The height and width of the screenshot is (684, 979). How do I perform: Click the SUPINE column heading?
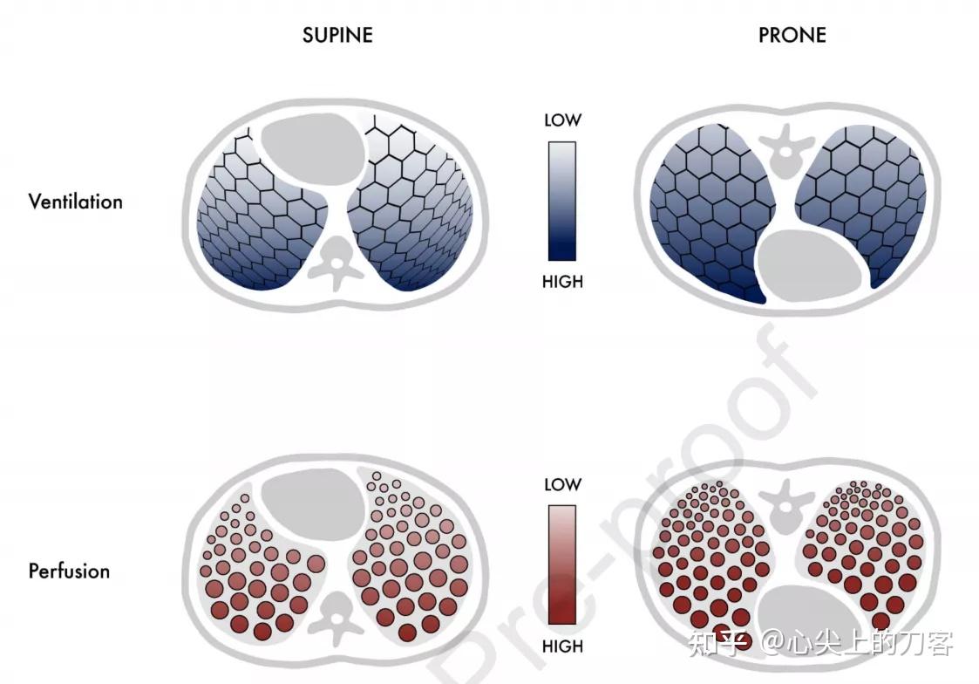point(337,35)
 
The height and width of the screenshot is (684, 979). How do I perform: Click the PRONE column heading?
point(792,35)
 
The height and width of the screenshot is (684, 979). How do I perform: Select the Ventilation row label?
point(75,202)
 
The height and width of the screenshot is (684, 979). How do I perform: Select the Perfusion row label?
point(69,571)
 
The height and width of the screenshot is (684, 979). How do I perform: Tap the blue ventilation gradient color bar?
point(562,201)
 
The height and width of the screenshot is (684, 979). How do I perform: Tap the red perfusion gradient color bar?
point(562,566)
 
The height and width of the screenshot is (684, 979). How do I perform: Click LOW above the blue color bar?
point(562,120)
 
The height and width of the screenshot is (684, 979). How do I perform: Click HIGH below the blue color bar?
point(562,282)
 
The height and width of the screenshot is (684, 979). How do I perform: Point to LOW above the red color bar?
point(562,484)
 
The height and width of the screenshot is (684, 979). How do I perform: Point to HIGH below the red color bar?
point(562,646)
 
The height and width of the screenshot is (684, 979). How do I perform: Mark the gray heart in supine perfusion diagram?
point(313,495)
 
